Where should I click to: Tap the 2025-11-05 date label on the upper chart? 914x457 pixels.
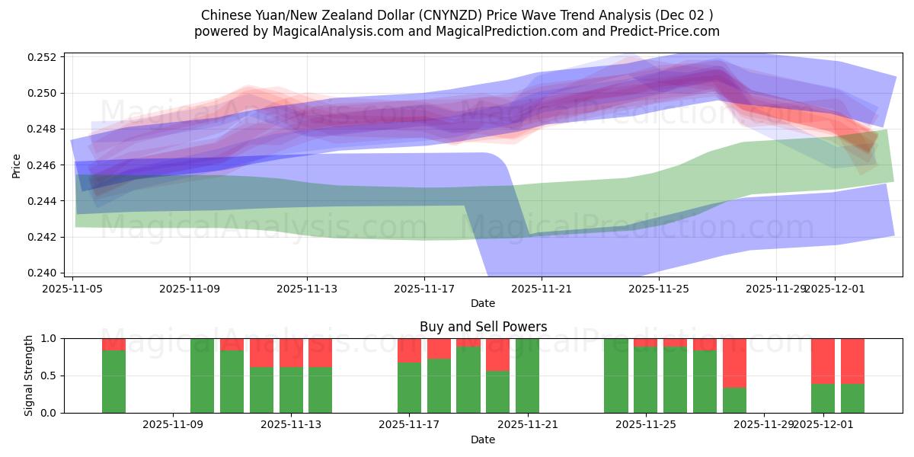73,289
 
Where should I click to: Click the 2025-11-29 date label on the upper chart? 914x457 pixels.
775,289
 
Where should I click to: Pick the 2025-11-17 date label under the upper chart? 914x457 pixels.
424,289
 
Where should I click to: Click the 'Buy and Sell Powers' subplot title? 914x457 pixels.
483,327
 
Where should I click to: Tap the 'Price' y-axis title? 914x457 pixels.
17,165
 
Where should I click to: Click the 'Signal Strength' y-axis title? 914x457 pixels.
28,376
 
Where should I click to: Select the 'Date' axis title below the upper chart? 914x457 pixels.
483,303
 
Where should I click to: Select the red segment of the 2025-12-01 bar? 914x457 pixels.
823,360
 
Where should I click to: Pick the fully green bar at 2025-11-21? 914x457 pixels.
528,376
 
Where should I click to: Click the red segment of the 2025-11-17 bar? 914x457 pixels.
409,350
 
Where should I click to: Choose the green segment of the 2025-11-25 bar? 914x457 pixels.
646,380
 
